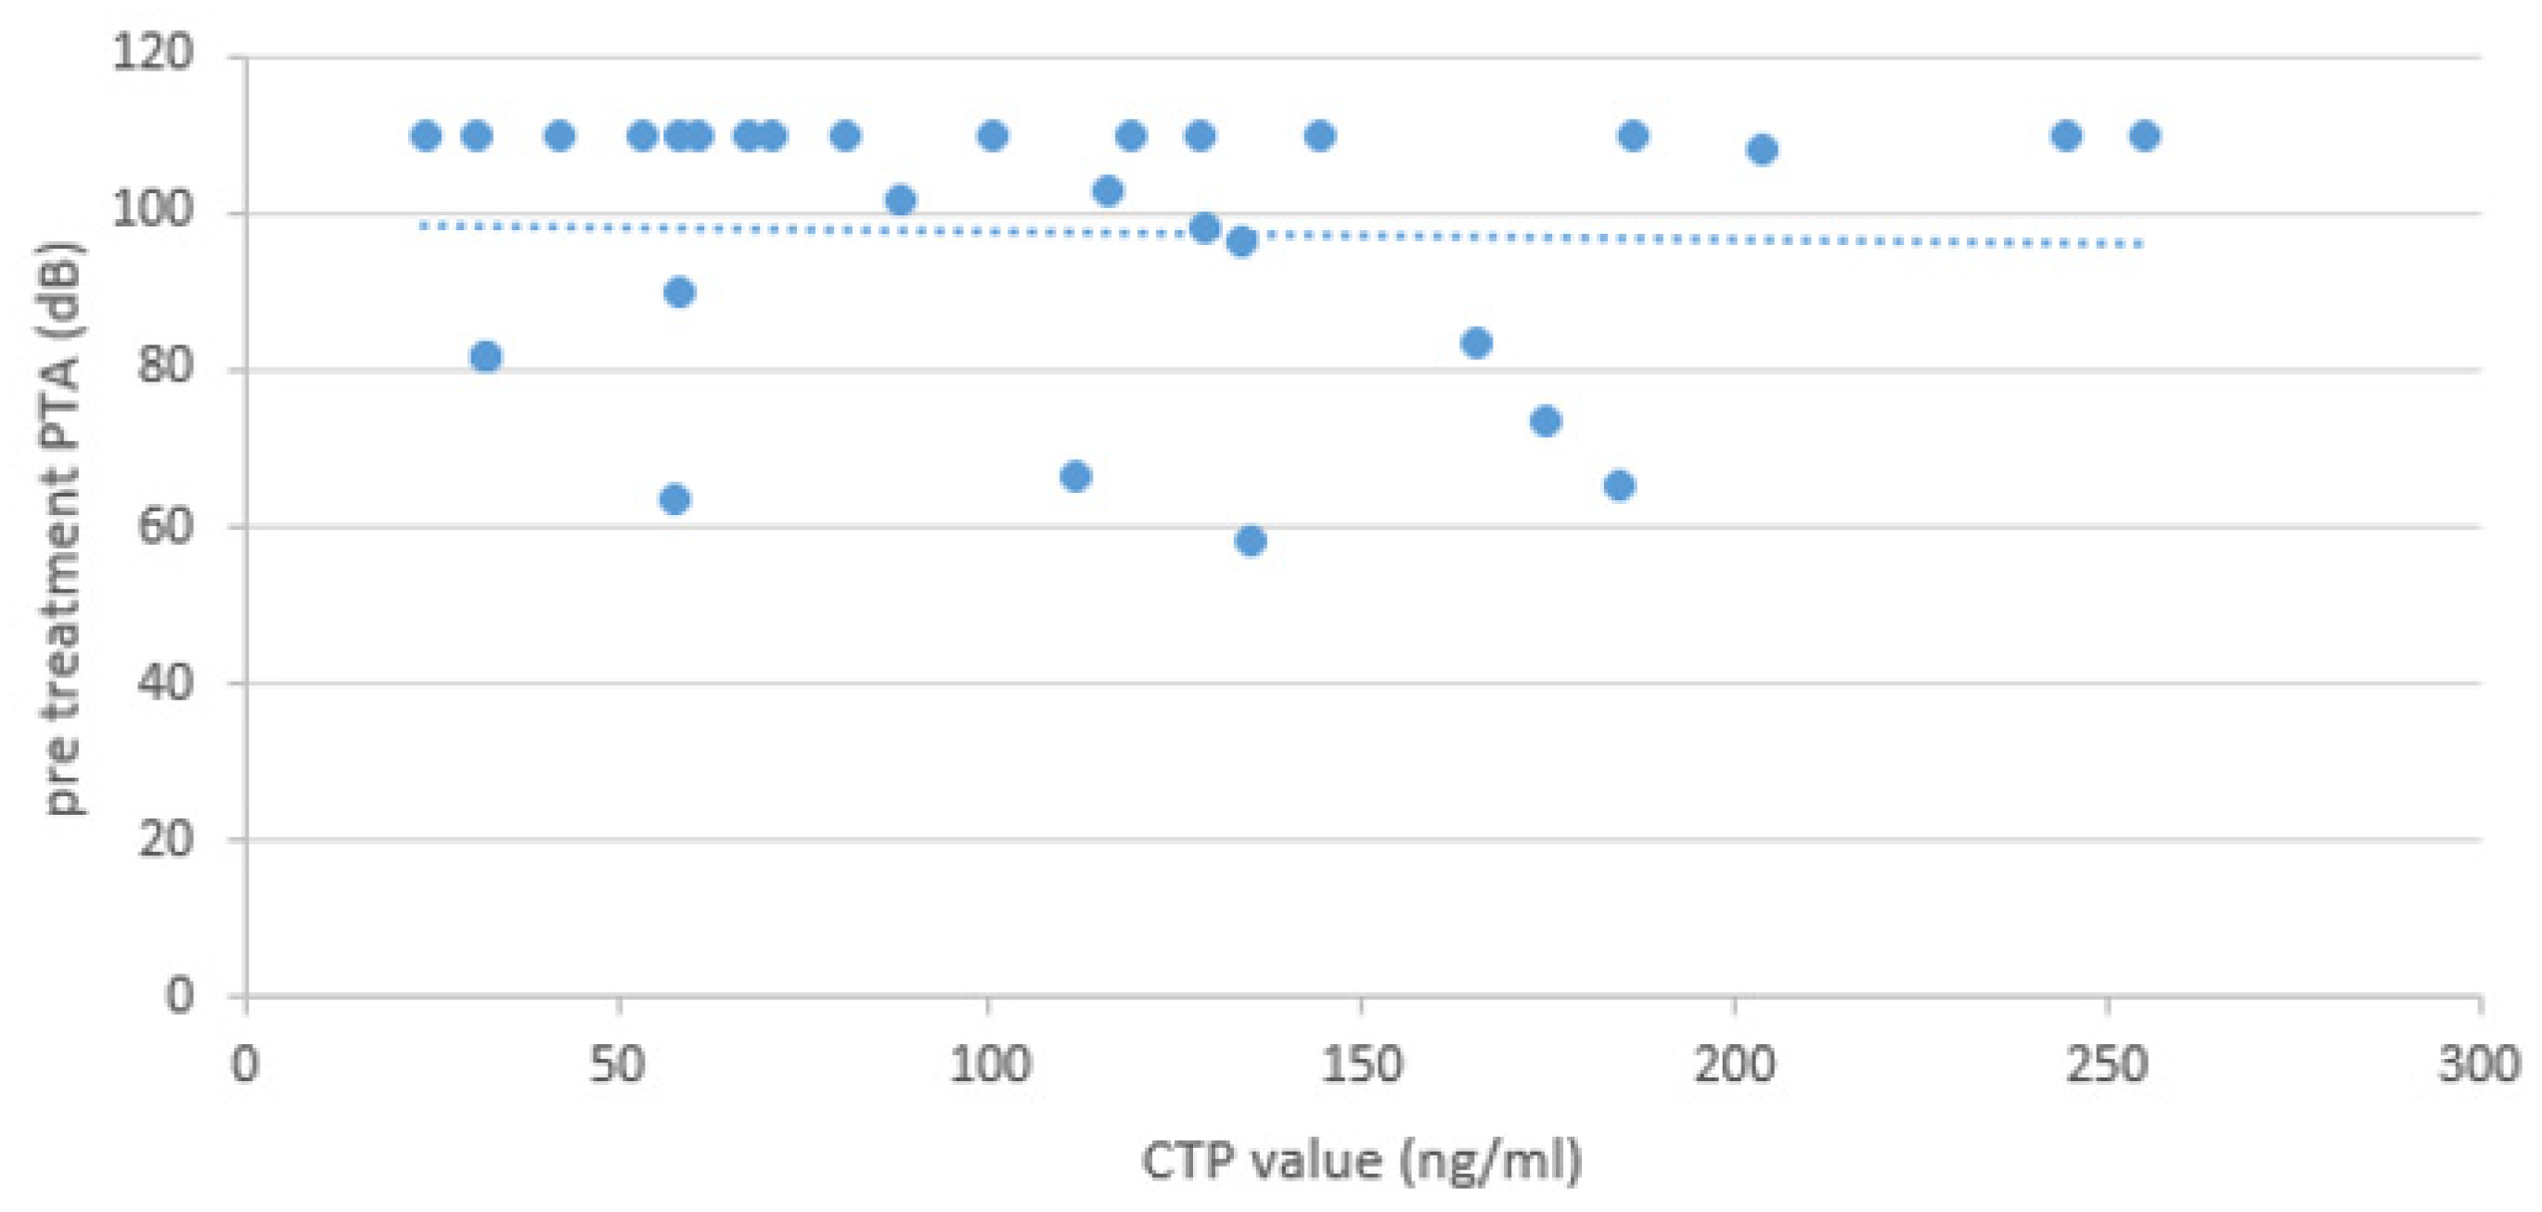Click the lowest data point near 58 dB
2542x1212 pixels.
(1251, 541)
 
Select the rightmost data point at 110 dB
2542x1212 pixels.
(2144, 135)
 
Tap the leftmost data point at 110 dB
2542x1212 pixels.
(425, 135)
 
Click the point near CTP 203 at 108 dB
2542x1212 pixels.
(1762, 150)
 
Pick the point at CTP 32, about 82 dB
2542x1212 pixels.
(485, 356)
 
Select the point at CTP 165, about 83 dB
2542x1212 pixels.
(1476, 343)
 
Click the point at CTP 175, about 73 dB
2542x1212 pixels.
(1546, 421)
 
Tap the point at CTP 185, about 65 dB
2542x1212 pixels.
(1619, 485)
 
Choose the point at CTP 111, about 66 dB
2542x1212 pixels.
(1074, 477)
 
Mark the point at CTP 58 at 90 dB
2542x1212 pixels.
(679, 292)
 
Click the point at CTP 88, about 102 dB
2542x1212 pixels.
(900, 200)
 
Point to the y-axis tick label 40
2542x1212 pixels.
(165, 682)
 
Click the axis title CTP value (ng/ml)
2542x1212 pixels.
(1362, 1161)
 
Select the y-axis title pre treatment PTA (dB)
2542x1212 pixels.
(66, 528)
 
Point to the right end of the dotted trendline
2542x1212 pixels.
(2141, 245)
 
